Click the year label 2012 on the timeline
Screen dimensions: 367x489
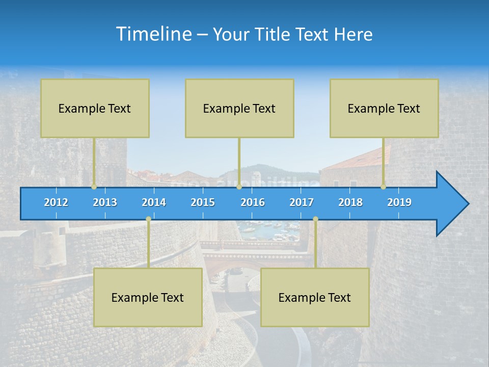click(56, 202)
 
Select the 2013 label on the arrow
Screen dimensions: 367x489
click(105, 202)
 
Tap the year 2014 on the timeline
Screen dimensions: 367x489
click(154, 202)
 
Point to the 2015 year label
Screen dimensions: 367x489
click(203, 202)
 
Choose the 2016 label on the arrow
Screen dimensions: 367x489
click(253, 202)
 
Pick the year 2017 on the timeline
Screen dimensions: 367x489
click(302, 202)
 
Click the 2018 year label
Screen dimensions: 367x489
click(350, 202)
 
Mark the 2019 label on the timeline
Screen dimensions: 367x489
click(399, 202)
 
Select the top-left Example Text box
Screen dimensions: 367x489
click(95, 108)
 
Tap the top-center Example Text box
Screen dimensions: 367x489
click(239, 108)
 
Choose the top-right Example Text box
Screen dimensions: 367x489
click(384, 108)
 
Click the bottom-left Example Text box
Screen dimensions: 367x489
click(148, 297)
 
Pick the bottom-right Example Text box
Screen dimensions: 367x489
click(315, 297)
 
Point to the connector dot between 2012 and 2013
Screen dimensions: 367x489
click(94, 187)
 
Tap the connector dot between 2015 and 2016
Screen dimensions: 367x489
click(239, 187)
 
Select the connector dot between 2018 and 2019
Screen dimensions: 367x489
click(384, 187)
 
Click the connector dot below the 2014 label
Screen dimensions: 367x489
click(148, 219)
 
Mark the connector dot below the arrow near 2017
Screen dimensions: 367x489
click(315, 219)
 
